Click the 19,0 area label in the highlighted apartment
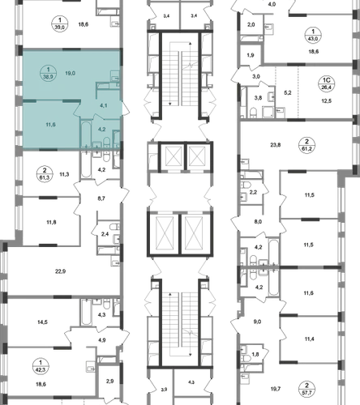pyautogui.click(x=71, y=73)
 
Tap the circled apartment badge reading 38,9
pyautogui.click(x=48, y=74)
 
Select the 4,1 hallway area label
pyautogui.click(x=103, y=105)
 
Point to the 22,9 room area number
pyautogui.click(x=61, y=271)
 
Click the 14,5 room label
pyautogui.click(x=43, y=322)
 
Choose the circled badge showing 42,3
pyautogui.click(x=41, y=366)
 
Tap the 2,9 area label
pyautogui.click(x=109, y=382)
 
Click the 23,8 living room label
pyautogui.click(x=276, y=145)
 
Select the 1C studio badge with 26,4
pyautogui.click(x=327, y=83)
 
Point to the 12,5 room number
pyautogui.click(x=326, y=101)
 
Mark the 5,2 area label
pyautogui.click(x=288, y=93)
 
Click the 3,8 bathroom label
pyautogui.click(x=258, y=98)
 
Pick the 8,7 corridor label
pyautogui.click(x=101, y=198)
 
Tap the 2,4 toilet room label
pyautogui.click(x=105, y=234)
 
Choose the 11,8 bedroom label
pyautogui.click(x=51, y=223)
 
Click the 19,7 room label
pyautogui.click(x=276, y=389)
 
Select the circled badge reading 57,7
pyautogui.click(x=306, y=389)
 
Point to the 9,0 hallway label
pyautogui.click(x=257, y=322)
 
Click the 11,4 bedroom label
pyautogui.click(x=309, y=339)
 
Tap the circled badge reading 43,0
pyautogui.click(x=313, y=35)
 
